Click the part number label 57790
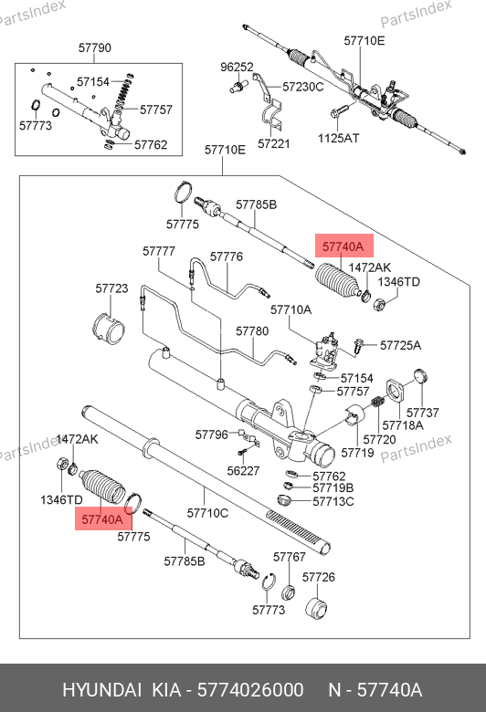coord(95,47)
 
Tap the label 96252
coord(237,68)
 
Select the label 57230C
coord(303,87)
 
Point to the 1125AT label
coord(338,138)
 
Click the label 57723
coord(111,288)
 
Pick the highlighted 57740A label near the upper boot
coord(343,246)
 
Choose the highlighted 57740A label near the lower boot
coord(102,519)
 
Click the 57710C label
coord(207,513)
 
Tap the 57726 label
coord(319,577)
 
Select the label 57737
coord(423,413)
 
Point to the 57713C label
coord(333,502)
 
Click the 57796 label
coord(211,435)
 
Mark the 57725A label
coord(400,346)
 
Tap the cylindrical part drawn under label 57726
coord(317,608)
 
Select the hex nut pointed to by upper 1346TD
coord(380,303)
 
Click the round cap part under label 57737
coord(421,376)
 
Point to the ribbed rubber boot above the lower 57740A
coord(102,487)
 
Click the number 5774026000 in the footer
coord(250,690)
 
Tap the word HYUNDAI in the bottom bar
coord(101,690)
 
